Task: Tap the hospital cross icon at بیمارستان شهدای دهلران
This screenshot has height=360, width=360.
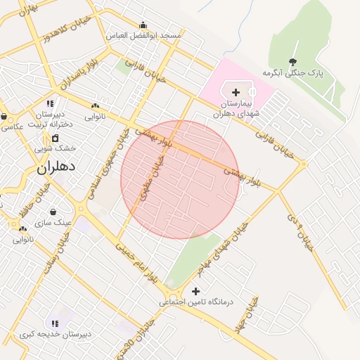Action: click(235, 92)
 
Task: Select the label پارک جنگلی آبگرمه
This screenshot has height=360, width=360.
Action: click(292, 73)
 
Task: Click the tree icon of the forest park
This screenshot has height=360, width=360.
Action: click(293, 61)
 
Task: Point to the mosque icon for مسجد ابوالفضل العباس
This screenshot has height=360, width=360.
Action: click(143, 25)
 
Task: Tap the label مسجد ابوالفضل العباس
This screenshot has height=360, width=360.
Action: click(143, 35)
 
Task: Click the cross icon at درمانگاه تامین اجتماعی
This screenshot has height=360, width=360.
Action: click(195, 290)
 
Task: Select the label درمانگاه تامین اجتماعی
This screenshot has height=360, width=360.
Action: click(200, 302)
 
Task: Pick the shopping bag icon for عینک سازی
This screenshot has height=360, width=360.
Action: click(53, 212)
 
